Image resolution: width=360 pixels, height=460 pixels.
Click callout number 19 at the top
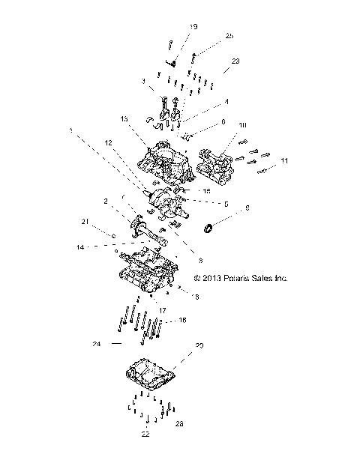click(193, 27)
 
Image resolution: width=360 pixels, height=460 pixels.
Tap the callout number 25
click(229, 36)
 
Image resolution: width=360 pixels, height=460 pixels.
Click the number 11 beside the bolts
click(284, 161)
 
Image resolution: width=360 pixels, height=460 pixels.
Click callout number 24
click(96, 344)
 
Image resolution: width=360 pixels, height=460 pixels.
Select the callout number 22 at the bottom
click(145, 434)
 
